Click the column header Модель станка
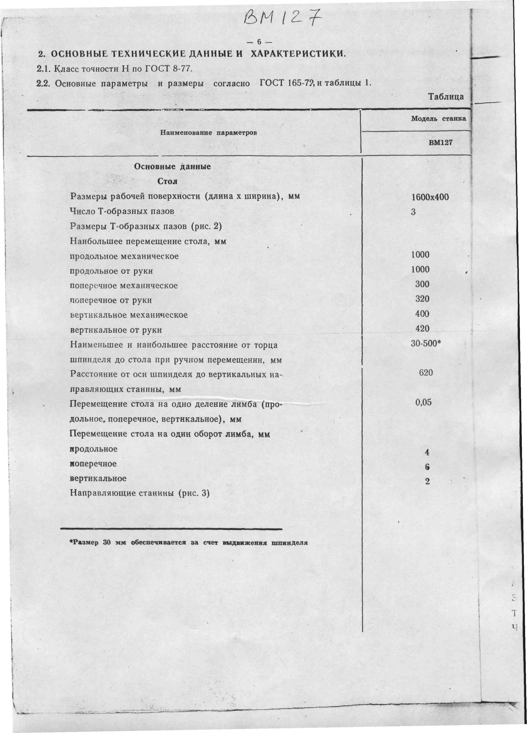click(x=438, y=119)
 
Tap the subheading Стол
click(x=167, y=181)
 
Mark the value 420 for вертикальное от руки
click(x=422, y=329)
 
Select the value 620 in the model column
click(x=426, y=373)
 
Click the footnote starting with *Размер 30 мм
click(x=188, y=543)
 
